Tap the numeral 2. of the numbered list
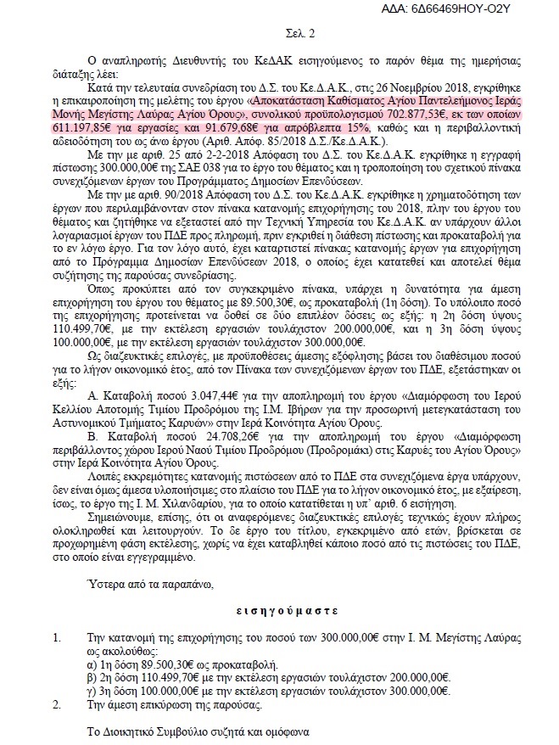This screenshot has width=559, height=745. coord(57,704)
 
